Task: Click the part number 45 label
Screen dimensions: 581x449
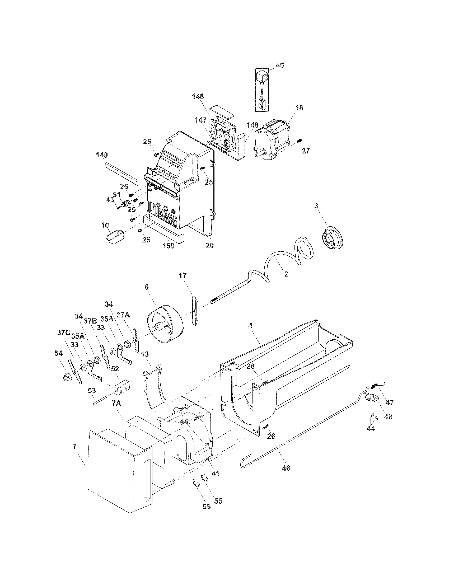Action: pos(279,65)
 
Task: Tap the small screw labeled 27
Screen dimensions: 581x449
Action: pos(300,140)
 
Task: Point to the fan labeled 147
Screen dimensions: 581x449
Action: pos(223,134)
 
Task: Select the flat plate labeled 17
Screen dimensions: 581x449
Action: pos(195,310)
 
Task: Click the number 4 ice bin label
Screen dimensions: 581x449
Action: pos(250,326)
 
